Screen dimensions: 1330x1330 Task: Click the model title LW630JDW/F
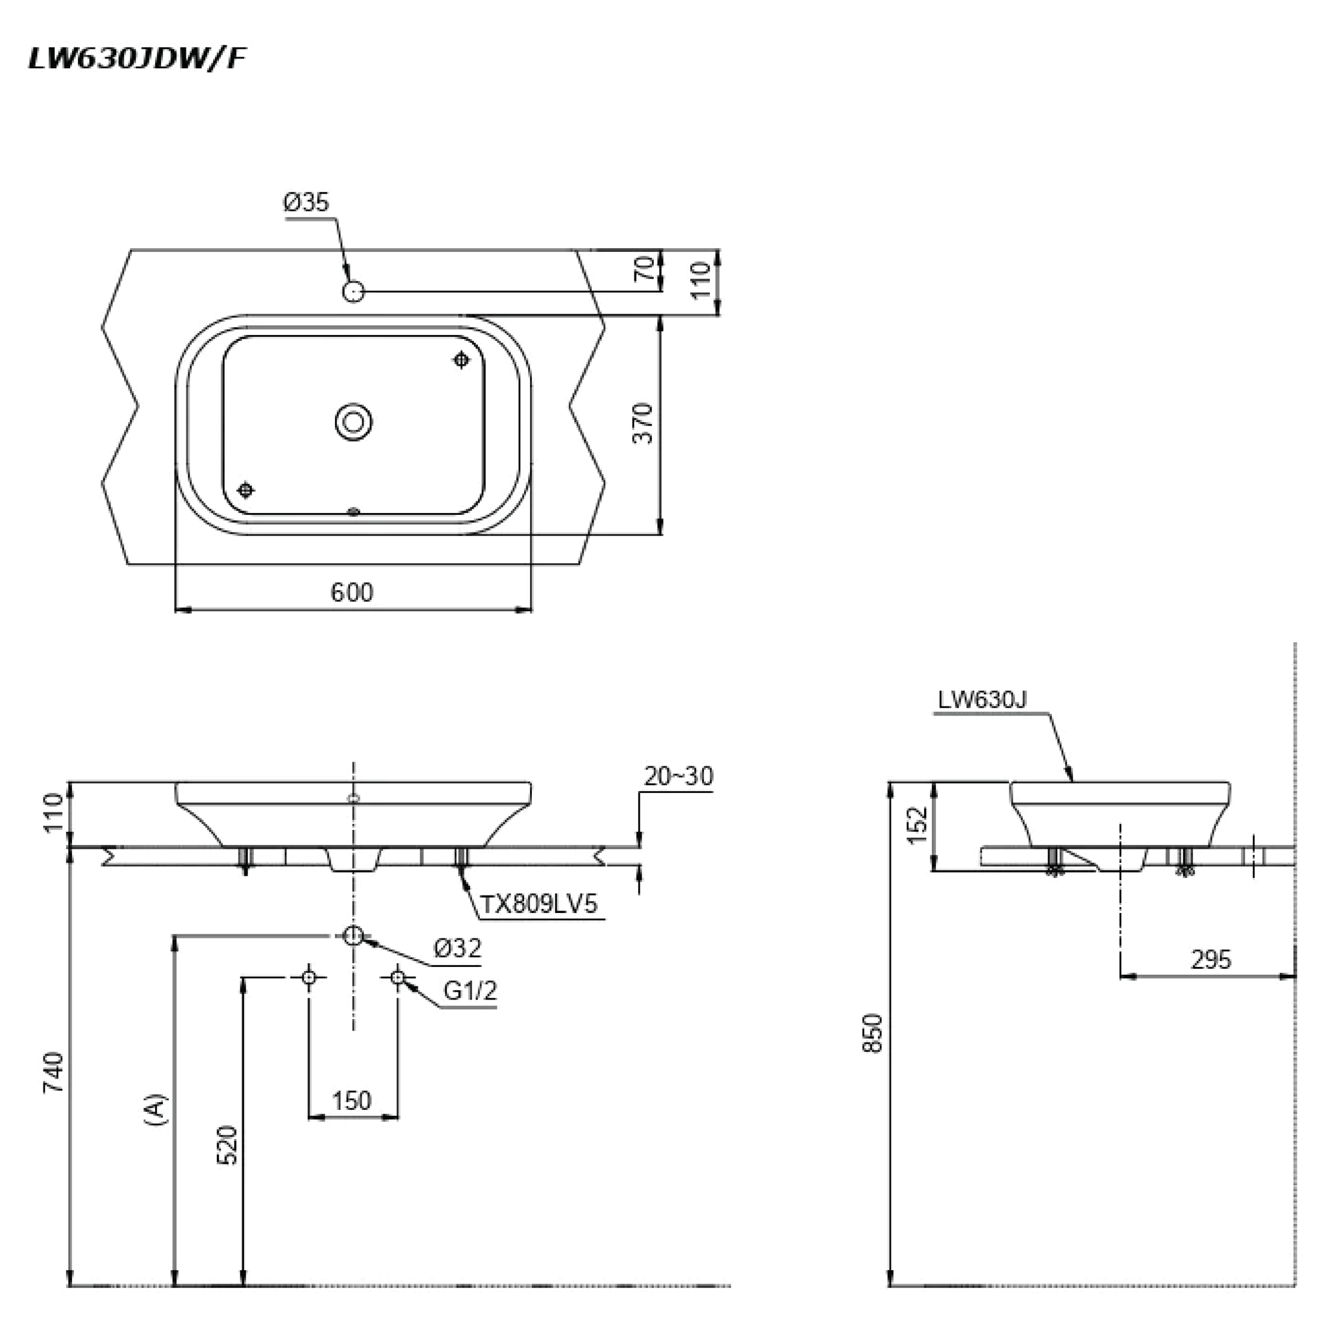click(x=136, y=59)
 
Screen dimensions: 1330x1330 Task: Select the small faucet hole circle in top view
click(x=353, y=292)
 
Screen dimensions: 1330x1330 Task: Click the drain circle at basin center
click(x=354, y=421)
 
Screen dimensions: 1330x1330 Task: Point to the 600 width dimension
click(x=352, y=593)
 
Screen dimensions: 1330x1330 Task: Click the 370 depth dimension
click(x=643, y=423)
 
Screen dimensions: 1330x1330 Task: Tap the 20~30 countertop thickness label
click(x=678, y=777)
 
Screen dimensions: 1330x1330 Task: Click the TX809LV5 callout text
click(x=538, y=904)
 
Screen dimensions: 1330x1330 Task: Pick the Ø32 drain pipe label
click(x=457, y=948)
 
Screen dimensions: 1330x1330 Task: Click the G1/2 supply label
click(x=470, y=990)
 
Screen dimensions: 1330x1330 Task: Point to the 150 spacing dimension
click(x=352, y=1101)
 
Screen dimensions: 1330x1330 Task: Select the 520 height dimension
click(x=227, y=1145)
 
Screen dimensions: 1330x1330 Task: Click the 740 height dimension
click(x=54, y=1072)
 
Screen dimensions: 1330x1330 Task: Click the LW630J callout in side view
click(x=982, y=700)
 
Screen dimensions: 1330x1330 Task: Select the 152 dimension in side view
click(x=918, y=825)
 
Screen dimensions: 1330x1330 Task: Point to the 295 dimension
click(x=1211, y=959)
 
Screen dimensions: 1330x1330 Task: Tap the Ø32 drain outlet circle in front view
click(x=353, y=936)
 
